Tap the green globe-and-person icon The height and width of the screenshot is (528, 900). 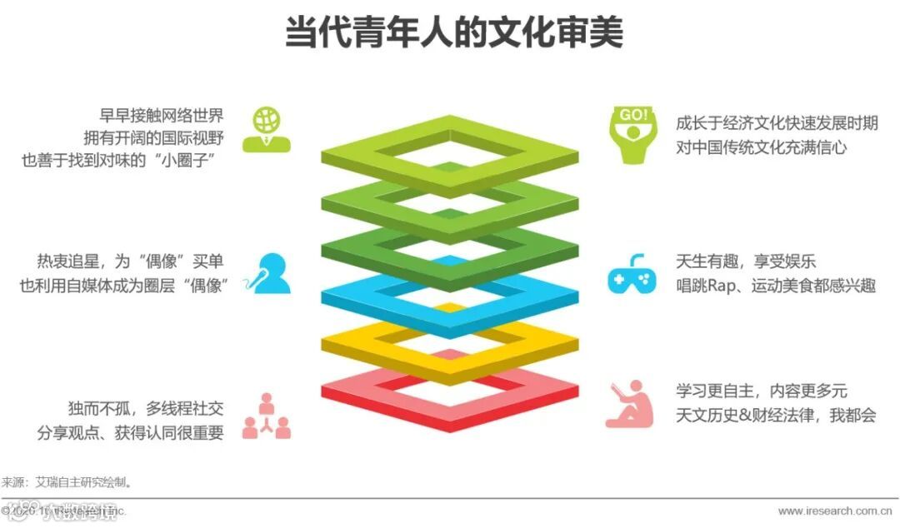(x=267, y=130)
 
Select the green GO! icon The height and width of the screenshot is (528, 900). (x=632, y=133)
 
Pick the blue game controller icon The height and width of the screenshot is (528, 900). (x=631, y=274)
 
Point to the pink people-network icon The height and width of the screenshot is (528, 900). (x=267, y=416)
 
